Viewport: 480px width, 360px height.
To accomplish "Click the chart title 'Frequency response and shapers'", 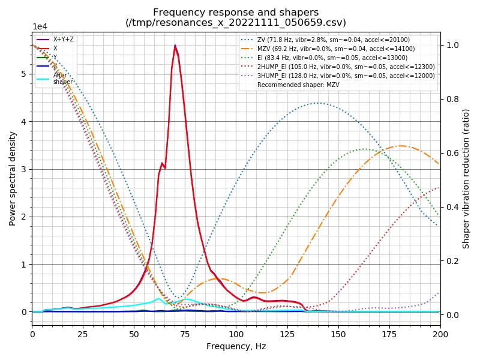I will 236,12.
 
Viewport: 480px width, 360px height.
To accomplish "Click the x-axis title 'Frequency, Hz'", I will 236,346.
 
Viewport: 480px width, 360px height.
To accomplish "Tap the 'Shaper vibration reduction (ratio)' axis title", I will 466,178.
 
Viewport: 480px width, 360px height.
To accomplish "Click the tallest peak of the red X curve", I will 175,46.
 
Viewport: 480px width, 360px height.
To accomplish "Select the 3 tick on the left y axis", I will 25,169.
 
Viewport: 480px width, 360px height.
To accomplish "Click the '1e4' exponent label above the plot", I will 40,26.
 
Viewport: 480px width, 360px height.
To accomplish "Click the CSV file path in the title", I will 236,23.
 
